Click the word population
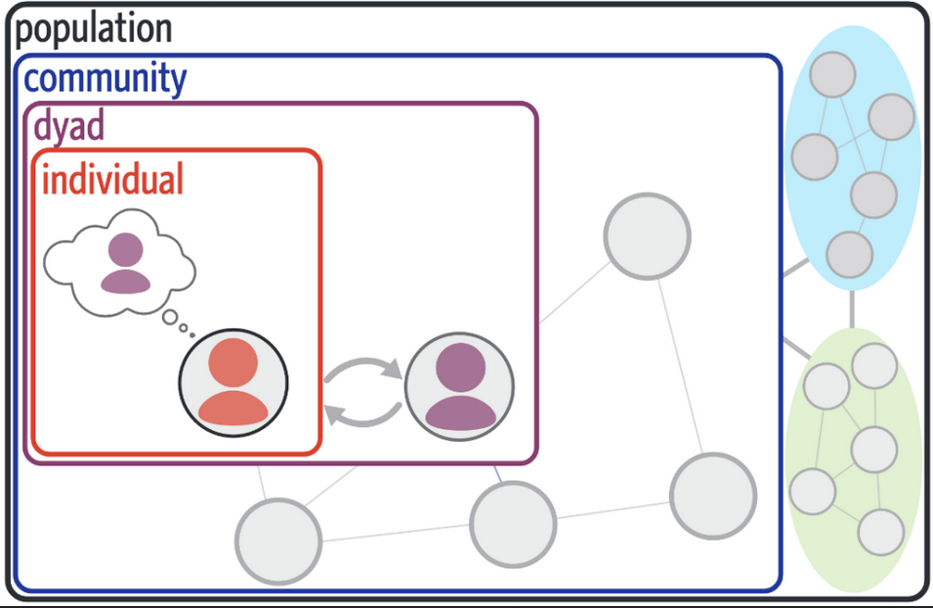coord(94,29)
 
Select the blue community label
coord(106,79)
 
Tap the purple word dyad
coord(69,126)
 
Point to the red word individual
coord(112,179)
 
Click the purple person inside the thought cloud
coord(126,263)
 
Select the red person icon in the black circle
coord(233,382)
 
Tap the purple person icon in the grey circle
coord(460,386)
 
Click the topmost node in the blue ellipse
coord(832,74)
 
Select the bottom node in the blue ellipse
coord(849,254)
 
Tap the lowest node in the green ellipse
coord(880,533)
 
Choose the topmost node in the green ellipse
coord(874,366)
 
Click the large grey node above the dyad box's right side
coord(648,236)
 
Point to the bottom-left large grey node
coord(278,542)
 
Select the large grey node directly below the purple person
coord(513,524)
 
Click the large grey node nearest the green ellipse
coord(713,496)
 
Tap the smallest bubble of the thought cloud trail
coord(191,335)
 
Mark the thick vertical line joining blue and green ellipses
coord(852,309)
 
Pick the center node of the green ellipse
coord(874,450)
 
